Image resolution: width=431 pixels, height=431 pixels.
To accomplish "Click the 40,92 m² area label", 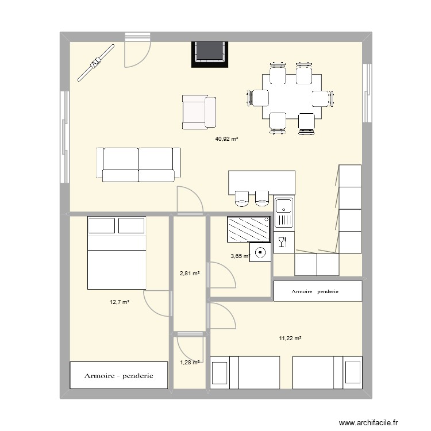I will pos(226,138).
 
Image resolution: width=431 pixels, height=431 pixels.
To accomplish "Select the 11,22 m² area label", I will pos(290,338).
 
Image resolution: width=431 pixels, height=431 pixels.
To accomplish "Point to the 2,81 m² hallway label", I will pos(190,274).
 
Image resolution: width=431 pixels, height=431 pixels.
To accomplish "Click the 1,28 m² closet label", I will pos(190,362).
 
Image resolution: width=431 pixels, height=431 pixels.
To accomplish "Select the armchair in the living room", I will pos(199,111).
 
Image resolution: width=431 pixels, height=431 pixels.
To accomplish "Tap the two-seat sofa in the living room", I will pos(138,164).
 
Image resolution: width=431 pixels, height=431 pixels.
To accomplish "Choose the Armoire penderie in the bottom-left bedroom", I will pos(119,376).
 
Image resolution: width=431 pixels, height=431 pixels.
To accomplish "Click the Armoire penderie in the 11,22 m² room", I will pos(317,291).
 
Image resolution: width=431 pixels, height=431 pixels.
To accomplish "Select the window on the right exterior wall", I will pos(366,92).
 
